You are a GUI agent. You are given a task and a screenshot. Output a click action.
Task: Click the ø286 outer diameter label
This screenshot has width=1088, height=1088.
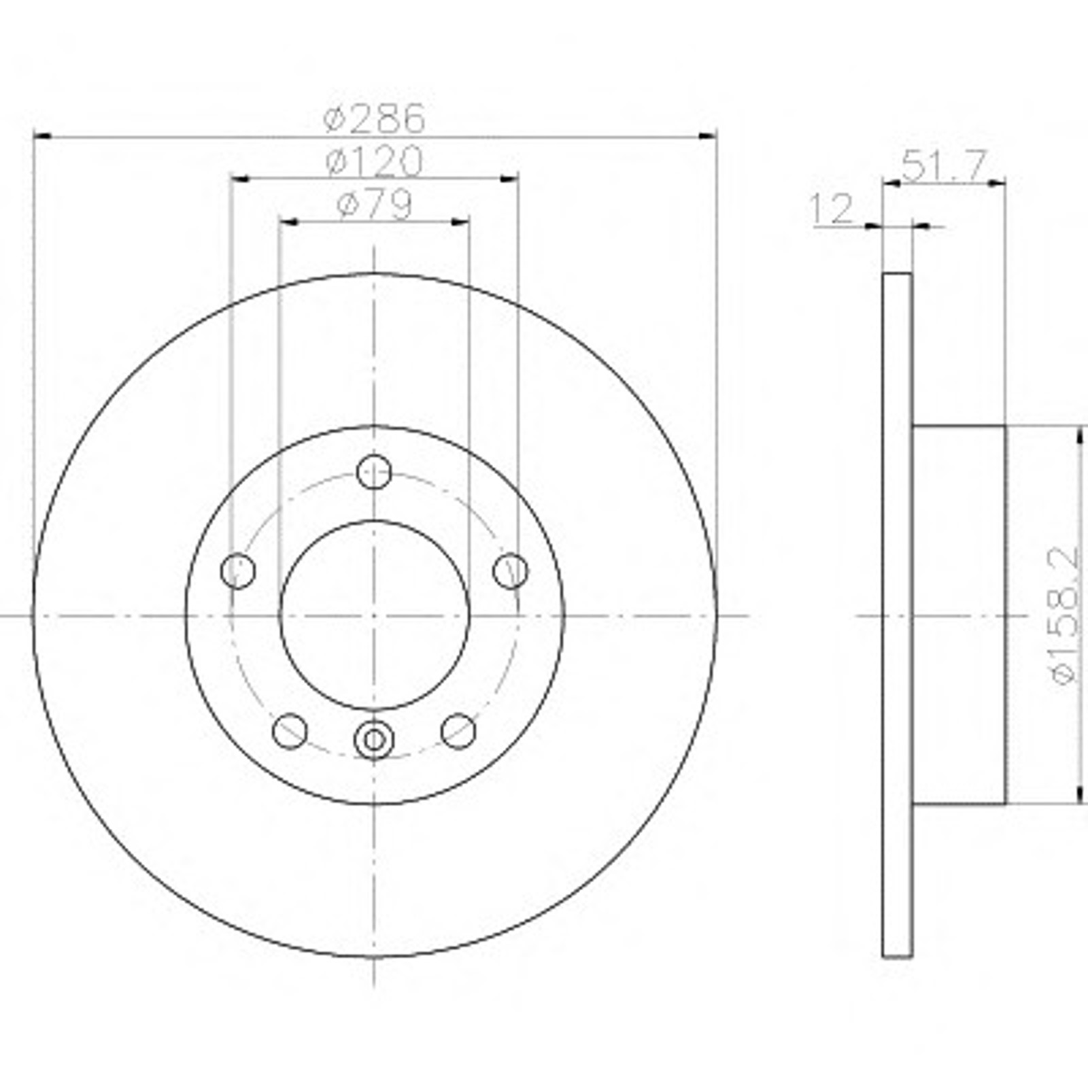click(x=375, y=118)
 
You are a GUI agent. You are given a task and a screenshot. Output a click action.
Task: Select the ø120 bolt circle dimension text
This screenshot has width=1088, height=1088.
click(x=375, y=162)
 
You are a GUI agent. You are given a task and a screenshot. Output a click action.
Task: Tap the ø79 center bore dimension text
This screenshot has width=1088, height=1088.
click(x=375, y=204)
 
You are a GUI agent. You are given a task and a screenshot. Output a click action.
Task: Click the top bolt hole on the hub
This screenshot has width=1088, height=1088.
click(x=374, y=471)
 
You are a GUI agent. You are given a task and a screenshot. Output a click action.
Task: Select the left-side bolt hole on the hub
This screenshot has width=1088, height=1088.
click(x=238, y=570)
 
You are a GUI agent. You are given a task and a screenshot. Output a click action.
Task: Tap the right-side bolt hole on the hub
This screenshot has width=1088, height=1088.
click(x=510, y=570)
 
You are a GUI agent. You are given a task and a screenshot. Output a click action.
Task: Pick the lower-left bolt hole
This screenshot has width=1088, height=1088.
click(x=290, y=730)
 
